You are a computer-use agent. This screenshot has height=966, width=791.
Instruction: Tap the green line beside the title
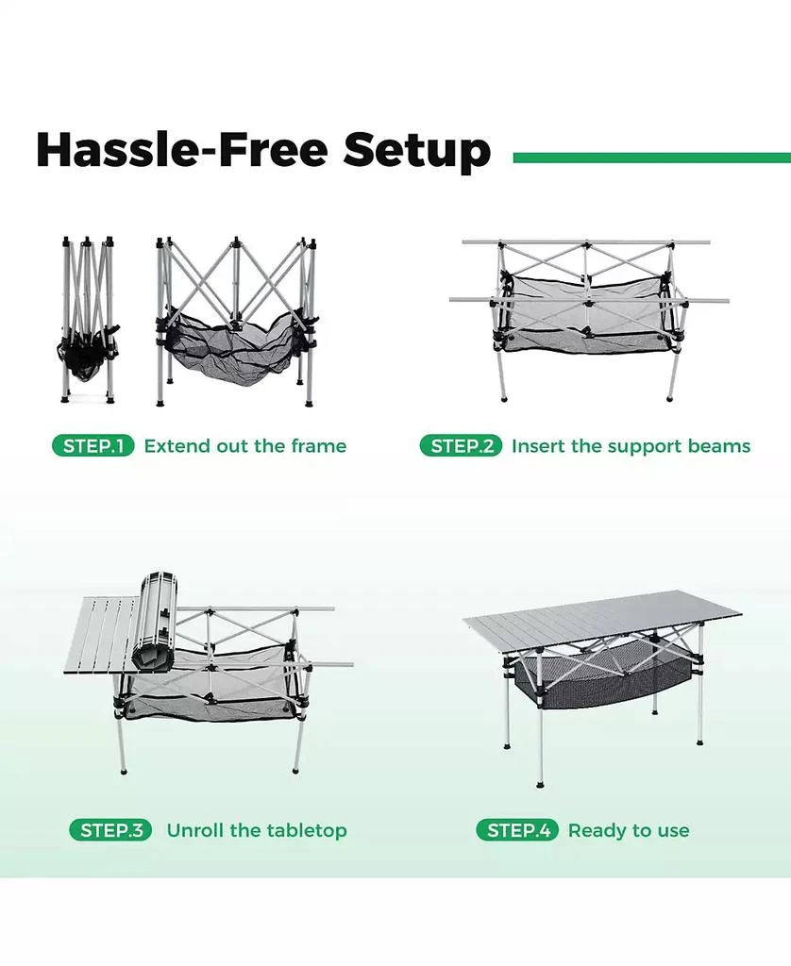(x=651, y=158)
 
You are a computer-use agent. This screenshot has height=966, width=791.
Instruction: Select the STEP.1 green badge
(x=93, y=446)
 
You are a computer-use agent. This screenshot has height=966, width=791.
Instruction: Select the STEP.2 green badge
(x=461, y=446)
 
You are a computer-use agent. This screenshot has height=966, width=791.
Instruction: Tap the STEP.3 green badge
(x=110, y=830)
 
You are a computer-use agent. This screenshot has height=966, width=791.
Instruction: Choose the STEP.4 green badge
(x=517, y=830)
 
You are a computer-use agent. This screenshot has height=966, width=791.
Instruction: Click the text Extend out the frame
(x=244, y=446)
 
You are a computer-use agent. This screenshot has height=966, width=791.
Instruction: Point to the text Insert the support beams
(x=631, y=446)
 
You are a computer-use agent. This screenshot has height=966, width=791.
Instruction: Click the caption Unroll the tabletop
(x=257, y=830)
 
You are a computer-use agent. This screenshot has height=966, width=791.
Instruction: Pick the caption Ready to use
(x=629, y=830)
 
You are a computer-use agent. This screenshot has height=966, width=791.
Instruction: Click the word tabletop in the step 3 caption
(x=304, y=830)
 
